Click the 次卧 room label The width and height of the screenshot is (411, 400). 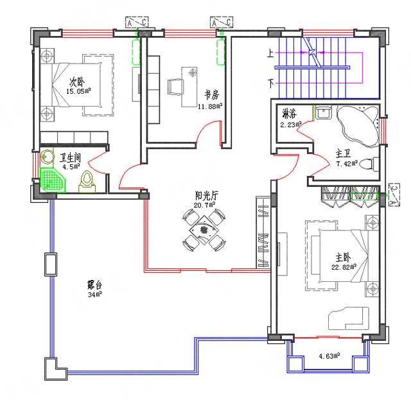[x=77, y=82]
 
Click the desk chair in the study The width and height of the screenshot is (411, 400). [x=175, y=86]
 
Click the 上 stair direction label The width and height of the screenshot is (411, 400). [x=270, y=55]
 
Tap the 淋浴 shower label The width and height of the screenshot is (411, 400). [x=288, y=114]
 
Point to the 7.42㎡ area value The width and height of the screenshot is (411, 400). [x=347, y=165]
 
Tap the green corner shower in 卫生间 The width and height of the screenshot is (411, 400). [x=52, y=179]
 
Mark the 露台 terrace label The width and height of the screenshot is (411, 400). [x=97, y=285]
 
